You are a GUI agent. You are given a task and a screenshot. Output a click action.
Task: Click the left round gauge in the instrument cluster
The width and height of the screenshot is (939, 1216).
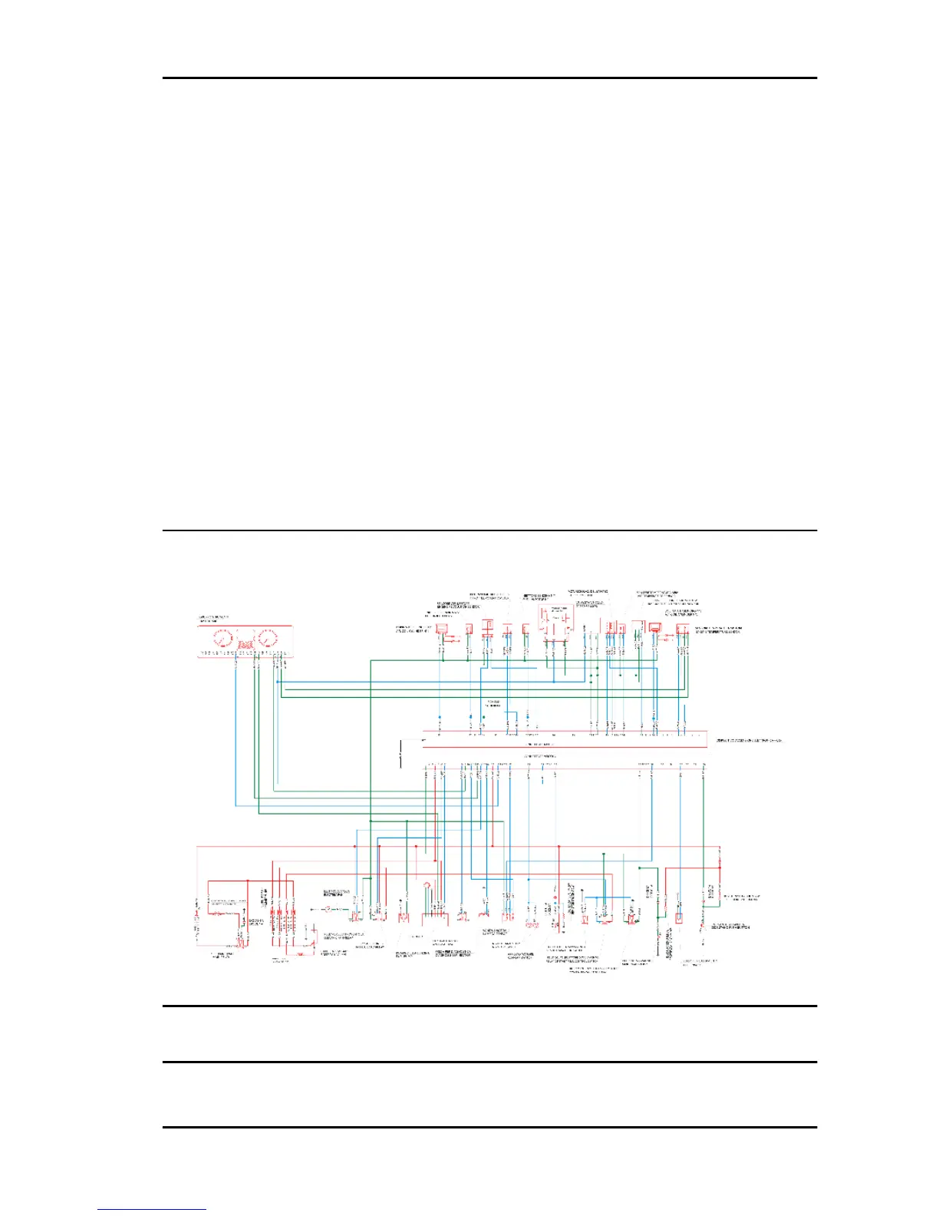point(222,639)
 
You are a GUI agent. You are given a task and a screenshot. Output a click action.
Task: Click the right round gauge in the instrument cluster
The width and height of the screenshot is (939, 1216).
point(267,639)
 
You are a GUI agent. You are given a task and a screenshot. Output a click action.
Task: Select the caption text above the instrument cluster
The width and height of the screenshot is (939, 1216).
point(213,619)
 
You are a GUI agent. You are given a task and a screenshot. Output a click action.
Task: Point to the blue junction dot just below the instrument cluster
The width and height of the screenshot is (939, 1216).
point(278,682)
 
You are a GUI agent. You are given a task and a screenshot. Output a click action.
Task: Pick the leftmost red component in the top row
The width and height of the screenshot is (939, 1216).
point(442,629)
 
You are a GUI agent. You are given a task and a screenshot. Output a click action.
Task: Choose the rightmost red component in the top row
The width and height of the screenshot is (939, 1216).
point(682,629)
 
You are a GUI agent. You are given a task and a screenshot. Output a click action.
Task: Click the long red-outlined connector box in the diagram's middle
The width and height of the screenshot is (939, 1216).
point(564,739)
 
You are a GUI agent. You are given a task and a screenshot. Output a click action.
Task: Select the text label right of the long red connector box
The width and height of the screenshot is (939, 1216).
point(749,741)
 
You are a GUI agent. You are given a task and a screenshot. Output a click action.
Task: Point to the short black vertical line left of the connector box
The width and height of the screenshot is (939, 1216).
point(401,755)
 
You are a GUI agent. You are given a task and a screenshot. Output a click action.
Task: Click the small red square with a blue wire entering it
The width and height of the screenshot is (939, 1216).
point(679,918)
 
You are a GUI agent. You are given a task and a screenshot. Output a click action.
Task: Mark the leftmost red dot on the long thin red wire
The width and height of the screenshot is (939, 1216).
point(355,846)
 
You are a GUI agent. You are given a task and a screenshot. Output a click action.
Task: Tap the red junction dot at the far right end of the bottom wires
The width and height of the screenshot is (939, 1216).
point(720,848)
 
